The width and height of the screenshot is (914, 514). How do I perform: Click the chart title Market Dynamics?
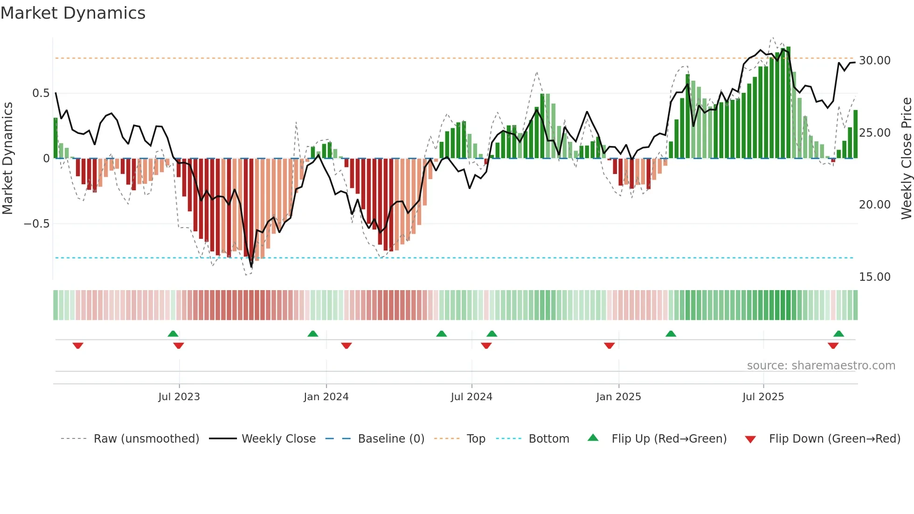[73, 13]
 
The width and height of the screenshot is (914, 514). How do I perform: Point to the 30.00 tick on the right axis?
[874, 61]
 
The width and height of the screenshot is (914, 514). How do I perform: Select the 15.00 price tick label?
[874, 277]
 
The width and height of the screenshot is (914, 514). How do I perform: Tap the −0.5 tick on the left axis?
[36, 224]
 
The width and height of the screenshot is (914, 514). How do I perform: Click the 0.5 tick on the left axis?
[41, 93]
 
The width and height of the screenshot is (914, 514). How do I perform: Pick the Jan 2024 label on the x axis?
[326, 397]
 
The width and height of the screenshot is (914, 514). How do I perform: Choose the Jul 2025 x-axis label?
[763, 397]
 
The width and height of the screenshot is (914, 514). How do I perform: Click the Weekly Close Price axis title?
[906, 159]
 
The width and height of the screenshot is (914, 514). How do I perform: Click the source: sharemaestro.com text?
[821, 366]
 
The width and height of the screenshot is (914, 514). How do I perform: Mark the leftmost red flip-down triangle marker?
[78, 346]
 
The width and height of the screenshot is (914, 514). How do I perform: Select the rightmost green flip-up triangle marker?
[838, 333]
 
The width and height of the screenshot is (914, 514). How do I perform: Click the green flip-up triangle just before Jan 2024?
[313, 333]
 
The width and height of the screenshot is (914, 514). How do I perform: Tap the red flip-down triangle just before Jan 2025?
[609, 346]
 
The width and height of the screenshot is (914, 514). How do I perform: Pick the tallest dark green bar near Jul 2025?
[788, 103]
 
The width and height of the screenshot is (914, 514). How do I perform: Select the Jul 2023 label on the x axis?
[179, 397]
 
